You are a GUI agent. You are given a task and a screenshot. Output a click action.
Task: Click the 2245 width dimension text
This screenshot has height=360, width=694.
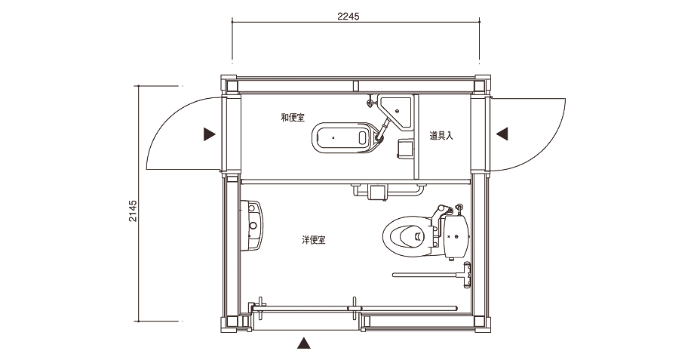pyautogui.click(x=349, y=17)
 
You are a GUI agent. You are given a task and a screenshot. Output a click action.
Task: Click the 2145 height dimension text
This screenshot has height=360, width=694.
pyautogui.click(x=133, y=211)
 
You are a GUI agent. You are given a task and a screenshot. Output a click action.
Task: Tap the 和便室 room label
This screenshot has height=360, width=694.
pyautogui.click(x=293, y=117)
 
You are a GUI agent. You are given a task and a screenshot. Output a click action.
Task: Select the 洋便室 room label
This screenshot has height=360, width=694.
pyautogui.click(x=313, y=240)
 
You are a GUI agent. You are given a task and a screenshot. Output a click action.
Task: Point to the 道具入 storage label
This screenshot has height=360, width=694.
pyautogui.click(x=441, y=136)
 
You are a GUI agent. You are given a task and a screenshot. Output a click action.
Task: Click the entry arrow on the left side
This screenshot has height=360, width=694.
pyautogui.click(x=210, y=134)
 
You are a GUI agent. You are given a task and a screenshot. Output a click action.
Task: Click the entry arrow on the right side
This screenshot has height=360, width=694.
pyautogui.click(x=502, y=134)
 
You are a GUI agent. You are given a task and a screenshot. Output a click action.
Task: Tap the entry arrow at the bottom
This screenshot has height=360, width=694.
pyautogui.click(x=303, y=343)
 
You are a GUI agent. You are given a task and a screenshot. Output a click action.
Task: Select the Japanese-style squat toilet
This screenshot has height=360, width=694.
pyautogui.click(x=344, y=137)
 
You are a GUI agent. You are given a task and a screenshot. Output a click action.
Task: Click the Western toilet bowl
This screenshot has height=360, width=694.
pyautogui.click(x=407, y=235)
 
